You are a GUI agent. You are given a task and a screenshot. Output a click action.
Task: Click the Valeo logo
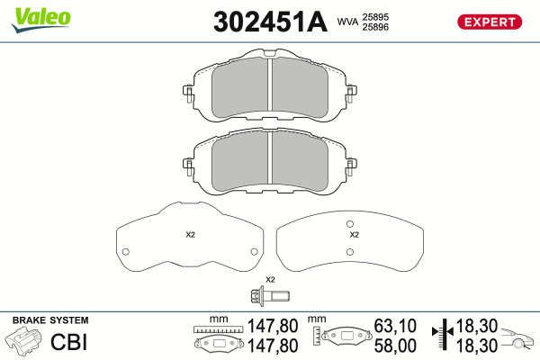point(41,20)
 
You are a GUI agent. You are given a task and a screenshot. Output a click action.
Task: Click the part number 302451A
point(270,22)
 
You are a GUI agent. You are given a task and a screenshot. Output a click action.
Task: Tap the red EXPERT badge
point(490,22)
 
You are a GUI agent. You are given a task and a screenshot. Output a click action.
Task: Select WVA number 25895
point(375,17)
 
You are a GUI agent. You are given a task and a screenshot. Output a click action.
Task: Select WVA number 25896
point(375,27)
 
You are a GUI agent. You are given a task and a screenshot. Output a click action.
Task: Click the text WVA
point(347,22)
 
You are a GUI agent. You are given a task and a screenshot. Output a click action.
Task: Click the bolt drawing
point(270,296)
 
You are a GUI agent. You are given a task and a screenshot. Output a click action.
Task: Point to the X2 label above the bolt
point(270,279)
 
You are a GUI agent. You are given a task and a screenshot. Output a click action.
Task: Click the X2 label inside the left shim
point(191,235)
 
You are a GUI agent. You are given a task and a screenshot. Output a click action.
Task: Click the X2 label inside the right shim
point(355,235)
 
